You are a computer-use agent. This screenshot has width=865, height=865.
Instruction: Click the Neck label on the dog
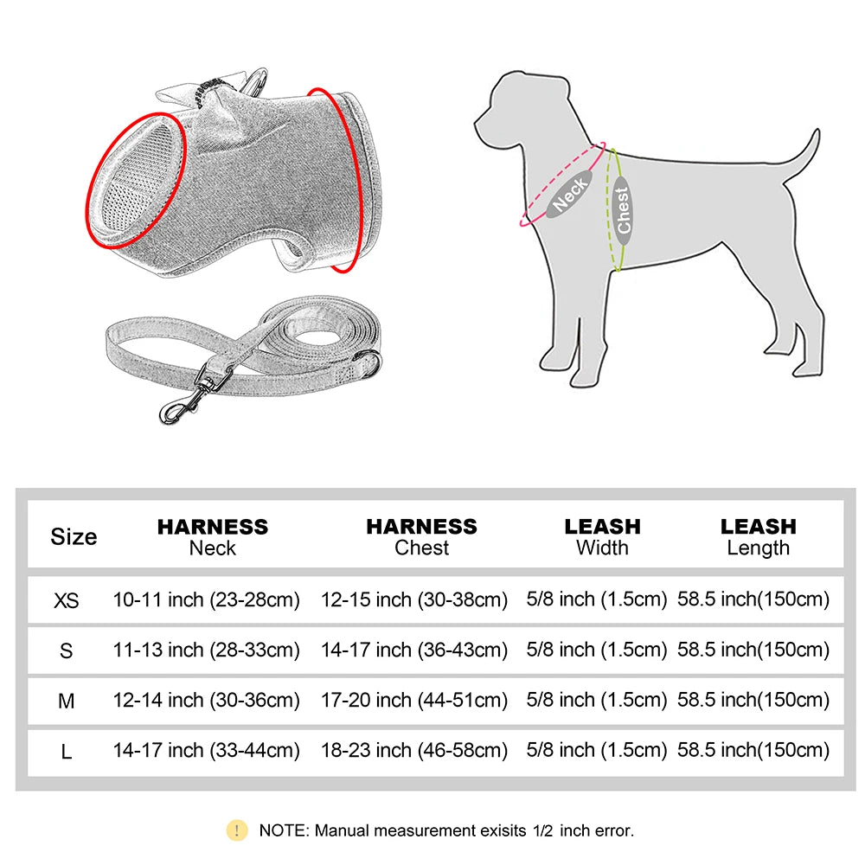[x=571, y=192]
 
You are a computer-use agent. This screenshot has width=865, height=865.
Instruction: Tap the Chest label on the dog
[x=622, y=210]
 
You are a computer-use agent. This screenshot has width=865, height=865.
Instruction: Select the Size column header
[x=74, y=536]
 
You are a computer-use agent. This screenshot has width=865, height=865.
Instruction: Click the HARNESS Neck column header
[x=212, y=536]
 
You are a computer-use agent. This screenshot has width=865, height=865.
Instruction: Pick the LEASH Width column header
[x=602, y=536]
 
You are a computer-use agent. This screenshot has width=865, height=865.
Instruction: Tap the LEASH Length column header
[x=758, y=536]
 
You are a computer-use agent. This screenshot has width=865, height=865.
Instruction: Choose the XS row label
[x=67, y=599]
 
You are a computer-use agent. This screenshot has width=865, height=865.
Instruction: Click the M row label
[x=67, y=702]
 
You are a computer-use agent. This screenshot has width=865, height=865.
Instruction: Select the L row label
[x=67, y=752]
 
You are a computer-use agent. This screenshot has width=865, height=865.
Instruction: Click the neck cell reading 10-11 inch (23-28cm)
[x=206, y=599]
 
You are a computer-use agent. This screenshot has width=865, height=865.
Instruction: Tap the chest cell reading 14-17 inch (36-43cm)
[x=413, y=650]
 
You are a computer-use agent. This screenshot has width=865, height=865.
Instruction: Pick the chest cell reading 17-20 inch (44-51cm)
[x=413, y=700]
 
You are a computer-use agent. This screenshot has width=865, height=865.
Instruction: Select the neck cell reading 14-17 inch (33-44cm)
[x=206, y=751]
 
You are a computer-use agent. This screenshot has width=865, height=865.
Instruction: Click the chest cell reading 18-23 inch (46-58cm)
[x=413, y=751]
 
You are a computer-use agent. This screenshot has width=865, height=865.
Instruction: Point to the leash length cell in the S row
[x=753, y=650]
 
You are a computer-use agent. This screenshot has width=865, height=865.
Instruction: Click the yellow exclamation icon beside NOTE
[x=236, y=830]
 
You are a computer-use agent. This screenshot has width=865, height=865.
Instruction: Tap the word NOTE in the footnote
[x=283, y=831]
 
